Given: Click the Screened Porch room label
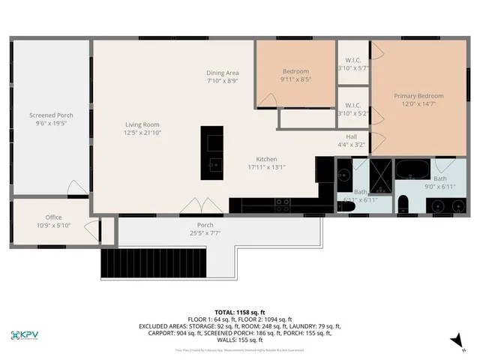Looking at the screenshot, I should (51, 115).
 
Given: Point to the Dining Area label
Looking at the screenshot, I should (223, 73).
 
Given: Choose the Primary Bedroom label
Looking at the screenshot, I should (418, 96).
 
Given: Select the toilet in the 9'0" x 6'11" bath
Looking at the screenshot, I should (403, 202).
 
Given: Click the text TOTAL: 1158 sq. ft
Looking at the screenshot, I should (239, 312).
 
